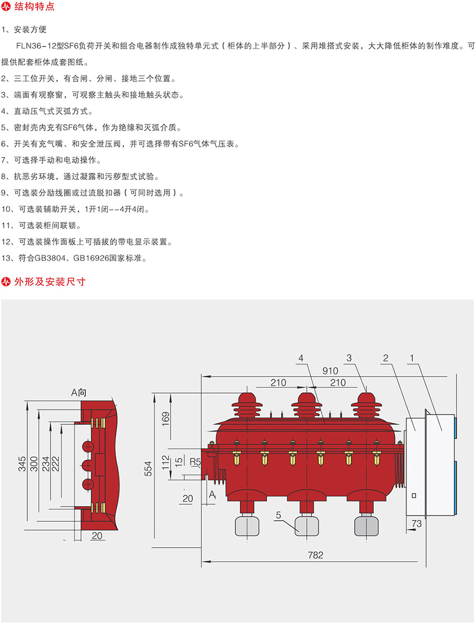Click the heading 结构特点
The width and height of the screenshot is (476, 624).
[x=33, y=7]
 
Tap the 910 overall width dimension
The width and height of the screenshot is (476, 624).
[x=330, y=370]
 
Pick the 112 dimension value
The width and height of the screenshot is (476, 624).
[x=164, y=462]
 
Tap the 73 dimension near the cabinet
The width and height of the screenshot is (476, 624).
[x=417, y=524]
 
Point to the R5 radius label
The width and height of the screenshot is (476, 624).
[x=195, y=462]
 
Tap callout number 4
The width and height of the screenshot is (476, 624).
[x=301, y=358]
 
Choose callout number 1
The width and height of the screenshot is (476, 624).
[x=412, y=358]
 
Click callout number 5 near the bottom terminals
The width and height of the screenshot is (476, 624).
[x=277, y=516]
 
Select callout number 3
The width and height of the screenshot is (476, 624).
[x=349, y=358]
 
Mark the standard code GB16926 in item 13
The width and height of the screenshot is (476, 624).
[x=92, y=258]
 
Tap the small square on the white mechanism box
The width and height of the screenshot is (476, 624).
[x=414, y=495]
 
